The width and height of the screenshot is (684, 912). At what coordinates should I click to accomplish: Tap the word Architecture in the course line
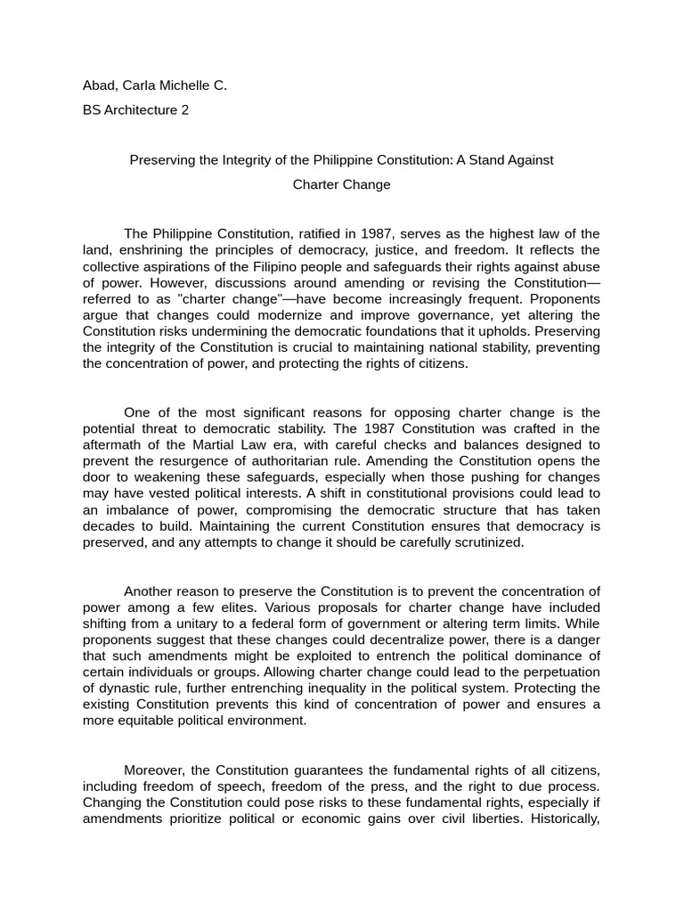pyautogui.click(x=141, y=110)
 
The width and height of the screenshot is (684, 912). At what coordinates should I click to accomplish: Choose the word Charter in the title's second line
pyautogui.click(x=317, y=185)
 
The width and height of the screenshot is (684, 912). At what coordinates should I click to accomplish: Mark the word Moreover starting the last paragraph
pyautogui.click(x=154, y=770)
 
